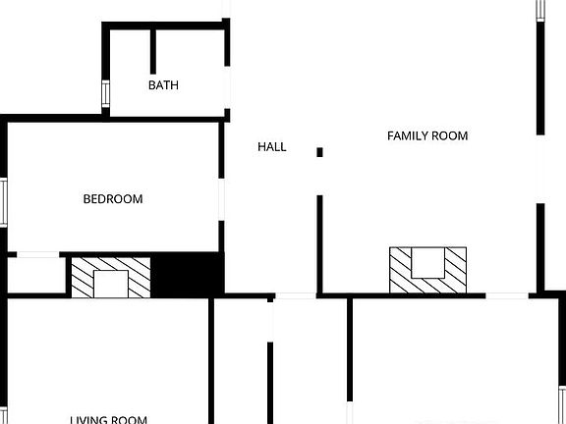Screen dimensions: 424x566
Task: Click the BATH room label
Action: click(163, 85)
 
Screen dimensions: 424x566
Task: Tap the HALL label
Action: click(272, 146)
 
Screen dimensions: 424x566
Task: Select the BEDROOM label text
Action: click(112, 199)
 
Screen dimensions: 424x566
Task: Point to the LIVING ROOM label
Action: click(108, 420)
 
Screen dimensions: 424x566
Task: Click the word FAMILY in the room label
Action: click(407, 135)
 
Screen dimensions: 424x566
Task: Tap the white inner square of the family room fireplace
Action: click(427, 263)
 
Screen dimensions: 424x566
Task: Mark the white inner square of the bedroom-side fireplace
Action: click(110, 283)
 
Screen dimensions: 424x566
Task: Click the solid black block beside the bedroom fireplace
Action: click(188, 273)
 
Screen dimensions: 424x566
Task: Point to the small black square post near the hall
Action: click(319, 151)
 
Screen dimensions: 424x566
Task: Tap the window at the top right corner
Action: click(539, 9)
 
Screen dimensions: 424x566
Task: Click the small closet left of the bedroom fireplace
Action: click(35, 275)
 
